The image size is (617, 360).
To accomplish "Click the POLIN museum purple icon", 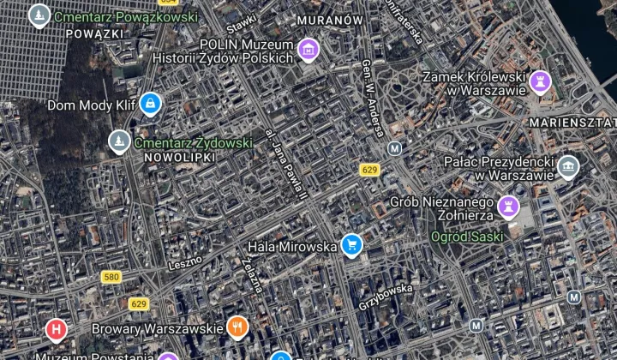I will tap(308, 50).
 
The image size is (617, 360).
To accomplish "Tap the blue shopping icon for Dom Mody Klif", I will tap(151, 105).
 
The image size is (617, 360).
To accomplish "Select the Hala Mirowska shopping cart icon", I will tap(351, 246).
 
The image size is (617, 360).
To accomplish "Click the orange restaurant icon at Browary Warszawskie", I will tap(238, 327).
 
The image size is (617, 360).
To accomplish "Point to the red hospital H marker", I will tap(57, 328).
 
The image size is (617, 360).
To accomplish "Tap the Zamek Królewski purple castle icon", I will tap(540, 83).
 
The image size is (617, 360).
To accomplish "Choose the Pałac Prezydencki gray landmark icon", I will tap(567, 167).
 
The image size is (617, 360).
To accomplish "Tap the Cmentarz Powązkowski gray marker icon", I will tap(39, 15).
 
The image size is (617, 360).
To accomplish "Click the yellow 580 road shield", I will tap(111, 277).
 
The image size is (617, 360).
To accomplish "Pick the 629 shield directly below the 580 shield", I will tap(139, 303).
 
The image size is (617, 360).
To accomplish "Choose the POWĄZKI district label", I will tap(95, 33).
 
